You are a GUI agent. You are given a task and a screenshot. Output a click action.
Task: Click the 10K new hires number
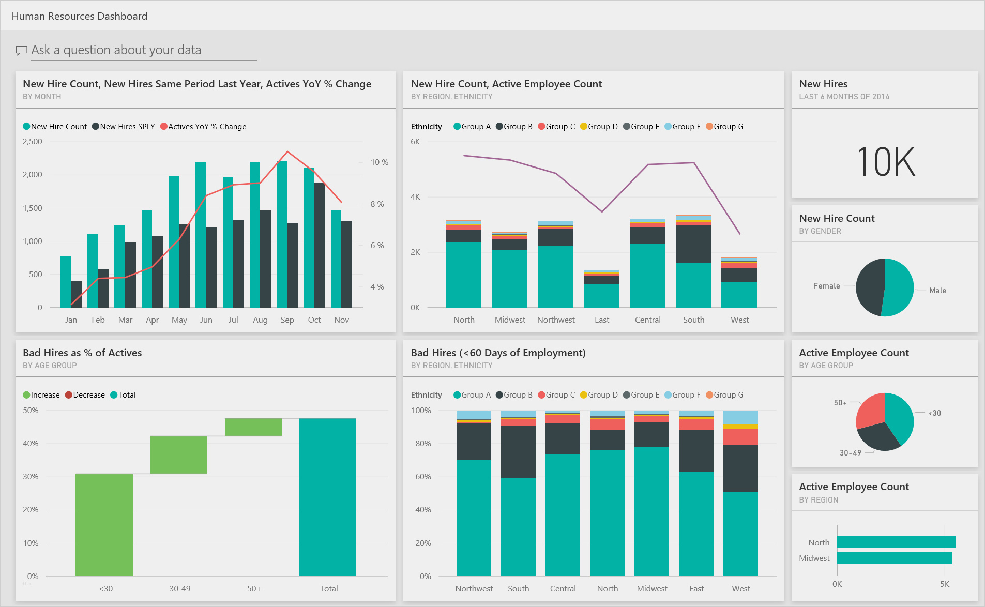(886, 162)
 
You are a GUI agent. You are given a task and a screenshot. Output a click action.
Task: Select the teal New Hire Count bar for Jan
(66, 282)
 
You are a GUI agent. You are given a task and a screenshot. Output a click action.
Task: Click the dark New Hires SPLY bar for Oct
(320, 246)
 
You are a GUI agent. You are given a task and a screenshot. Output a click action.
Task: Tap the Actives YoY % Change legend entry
(206, 127)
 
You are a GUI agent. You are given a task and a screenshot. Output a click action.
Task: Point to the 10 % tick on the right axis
(379, 162)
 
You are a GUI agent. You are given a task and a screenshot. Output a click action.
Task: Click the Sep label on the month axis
(287, 320)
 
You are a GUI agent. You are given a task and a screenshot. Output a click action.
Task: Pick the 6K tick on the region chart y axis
(415, 142)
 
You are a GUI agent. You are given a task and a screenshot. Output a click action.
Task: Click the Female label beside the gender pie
(826, 286)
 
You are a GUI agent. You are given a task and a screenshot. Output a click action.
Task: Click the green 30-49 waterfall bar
(178, 454)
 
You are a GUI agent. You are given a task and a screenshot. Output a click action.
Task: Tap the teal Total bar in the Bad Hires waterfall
(327, 496)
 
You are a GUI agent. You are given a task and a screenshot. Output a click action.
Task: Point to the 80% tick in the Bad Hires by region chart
(423, 444)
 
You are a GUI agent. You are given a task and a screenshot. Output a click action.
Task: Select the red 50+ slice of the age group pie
(871, 411)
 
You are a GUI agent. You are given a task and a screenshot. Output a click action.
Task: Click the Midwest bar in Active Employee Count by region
(894, 558)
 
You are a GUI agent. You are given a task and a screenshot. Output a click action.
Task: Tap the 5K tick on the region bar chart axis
(945, 584)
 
